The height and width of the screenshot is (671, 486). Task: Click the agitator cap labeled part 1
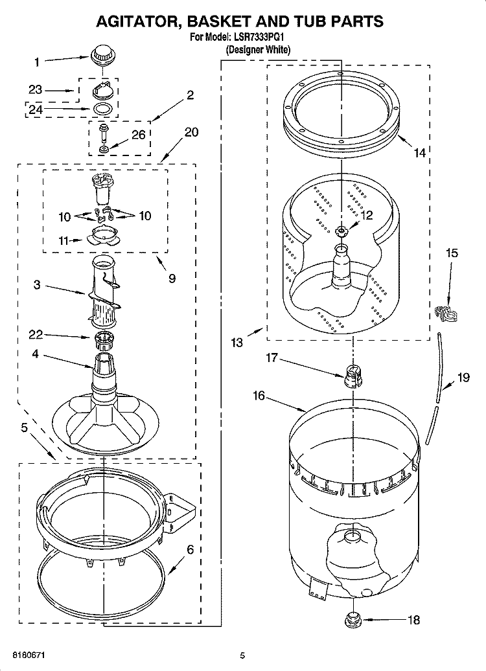pyautogui.click(x=101, y=54)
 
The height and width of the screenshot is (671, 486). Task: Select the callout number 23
pyautogui.click(x=35, y=90)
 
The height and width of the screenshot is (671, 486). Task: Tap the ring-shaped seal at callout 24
pyautogui.click(x=102, y=108)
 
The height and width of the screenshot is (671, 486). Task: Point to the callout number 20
pyautogui.click(x=191, y=132)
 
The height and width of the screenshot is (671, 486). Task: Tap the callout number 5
pyautogui.click(x=24, y=427)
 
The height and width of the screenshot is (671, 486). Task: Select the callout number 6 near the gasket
pyautogui.click(x=190, y=550)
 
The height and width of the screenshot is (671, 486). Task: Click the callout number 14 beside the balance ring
pyautogui.click(x=420, y=154)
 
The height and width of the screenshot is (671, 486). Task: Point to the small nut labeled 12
pyautogui.click(x=343, y=229)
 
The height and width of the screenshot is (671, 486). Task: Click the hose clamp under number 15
pyautogui.click(x=446, y=313)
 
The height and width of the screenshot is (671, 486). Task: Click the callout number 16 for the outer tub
pyautogui.click(x=259, y=395)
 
